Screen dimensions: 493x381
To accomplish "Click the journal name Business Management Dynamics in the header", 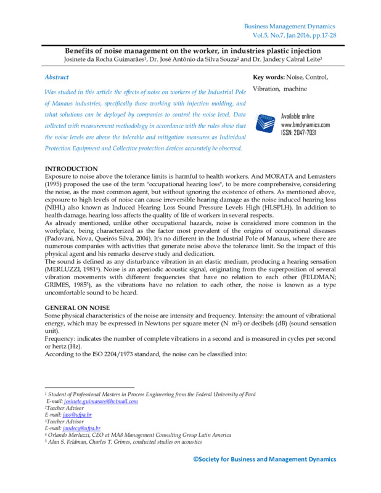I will coord(289,26).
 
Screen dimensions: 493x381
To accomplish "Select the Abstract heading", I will coord(57,77).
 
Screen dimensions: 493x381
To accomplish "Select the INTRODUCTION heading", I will coord(72,169).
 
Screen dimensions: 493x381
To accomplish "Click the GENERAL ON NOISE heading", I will coord(77,307).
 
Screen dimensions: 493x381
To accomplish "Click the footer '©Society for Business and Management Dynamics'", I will coord(265,459).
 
